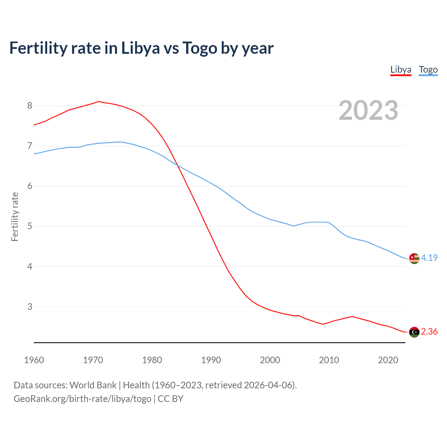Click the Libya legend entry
(x=401, y=69)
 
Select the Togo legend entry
(x=428, y=69)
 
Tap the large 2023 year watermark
(x=368, y=110)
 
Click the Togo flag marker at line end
(x=414, y=258)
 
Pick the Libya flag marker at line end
(x=414, y=332)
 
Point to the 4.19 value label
(x=429, y=258)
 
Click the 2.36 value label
(x=429, y=331)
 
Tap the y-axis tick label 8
(x=30, y=105)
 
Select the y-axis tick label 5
(x=30, y=226)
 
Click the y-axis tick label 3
(x=30, y=307)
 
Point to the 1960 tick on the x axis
(x=34, y=360)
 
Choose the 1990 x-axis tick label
(x=211, y=360)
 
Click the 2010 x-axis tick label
(x=329, y=360)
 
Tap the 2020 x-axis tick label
(x=388, y=360)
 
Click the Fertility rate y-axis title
(x=15, y=217)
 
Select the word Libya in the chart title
(x=140, y=48)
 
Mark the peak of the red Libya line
(x=98, y=102)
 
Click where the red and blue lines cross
(x=177, y=164)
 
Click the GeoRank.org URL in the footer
(x=82, y=399)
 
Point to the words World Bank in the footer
(x=93, y=385)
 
